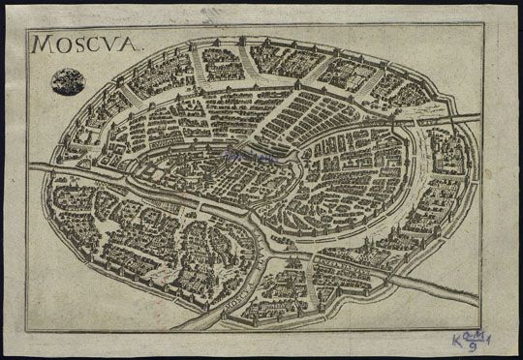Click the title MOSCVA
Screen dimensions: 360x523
[x=86, y=44]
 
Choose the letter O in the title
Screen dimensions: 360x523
[x=64, y=45]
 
